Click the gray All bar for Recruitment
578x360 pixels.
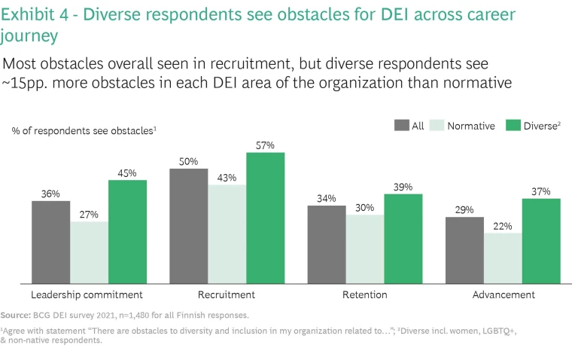tap(189, 226)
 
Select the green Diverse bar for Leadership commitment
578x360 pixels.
tap(127, 232)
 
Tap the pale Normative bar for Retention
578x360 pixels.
tap(365, 249)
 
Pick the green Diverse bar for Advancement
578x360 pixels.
tap(542, 241)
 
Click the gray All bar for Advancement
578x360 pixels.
tap(464, 250)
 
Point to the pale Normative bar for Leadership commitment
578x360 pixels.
tap(89, 252)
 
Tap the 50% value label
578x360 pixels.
tap(189, 161)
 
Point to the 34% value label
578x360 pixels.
tap(327, 199)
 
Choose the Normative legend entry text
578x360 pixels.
tap(471, 126)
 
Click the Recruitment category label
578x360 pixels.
tap(226, 294)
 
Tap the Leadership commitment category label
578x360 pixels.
tap(87, 294)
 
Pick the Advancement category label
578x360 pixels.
tap(503, 294)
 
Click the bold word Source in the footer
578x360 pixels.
tap(14, 315)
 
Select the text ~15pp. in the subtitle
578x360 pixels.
tap(28, 83)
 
